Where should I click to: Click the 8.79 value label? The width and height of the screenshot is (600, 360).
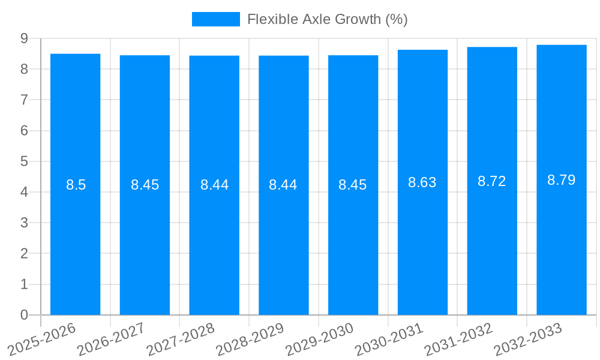pos(562,180)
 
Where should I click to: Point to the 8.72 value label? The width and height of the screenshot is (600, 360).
pos(492,181)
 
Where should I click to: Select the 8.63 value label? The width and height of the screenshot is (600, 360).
pos(422,182)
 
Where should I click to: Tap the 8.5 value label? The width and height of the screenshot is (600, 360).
pos(76,185)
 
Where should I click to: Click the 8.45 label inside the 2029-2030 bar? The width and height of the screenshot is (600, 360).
pos(353,185)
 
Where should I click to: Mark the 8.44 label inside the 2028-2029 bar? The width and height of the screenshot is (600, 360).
pos(283,185)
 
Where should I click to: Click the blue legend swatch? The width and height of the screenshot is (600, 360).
pos(216,19)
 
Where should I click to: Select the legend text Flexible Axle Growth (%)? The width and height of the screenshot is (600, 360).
pos(328,19)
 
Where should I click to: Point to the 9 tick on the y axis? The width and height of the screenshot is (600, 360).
pos(24,38)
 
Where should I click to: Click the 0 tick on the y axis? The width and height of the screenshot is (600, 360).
pos(24,315)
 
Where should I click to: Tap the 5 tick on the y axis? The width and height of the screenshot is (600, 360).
pos(24,161)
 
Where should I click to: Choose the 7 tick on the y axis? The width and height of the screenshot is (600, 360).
pos(24,100)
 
